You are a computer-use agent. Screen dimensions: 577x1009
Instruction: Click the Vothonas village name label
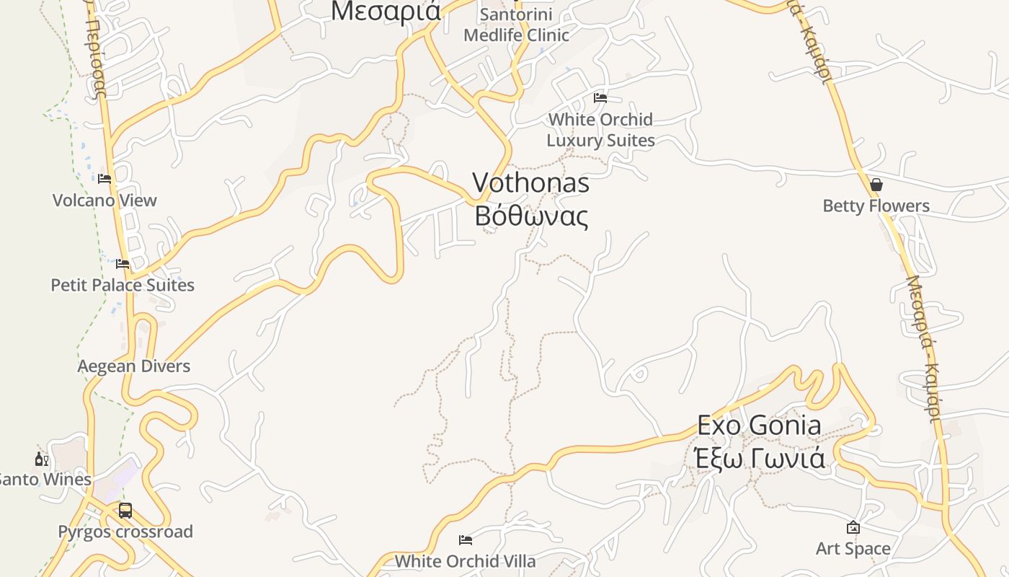[531, 183]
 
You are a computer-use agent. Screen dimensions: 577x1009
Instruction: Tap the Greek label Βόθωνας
[531, 216]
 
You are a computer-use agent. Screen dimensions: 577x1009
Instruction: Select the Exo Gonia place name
[759, 426]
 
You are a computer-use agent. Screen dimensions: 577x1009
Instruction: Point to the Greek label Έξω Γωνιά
[759, 457]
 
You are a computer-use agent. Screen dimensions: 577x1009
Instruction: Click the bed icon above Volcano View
[105, 179]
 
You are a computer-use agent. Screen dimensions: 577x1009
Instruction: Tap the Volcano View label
[105, 201]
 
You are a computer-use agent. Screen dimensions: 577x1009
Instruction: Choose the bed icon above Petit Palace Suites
[123, 264]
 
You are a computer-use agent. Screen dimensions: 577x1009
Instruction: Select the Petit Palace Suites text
[123, 285]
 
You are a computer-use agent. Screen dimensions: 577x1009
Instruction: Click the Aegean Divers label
[134, 366]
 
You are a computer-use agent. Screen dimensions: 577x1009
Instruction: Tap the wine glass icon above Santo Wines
[41, 459]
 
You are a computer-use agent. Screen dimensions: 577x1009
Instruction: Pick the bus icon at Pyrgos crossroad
[125, 511]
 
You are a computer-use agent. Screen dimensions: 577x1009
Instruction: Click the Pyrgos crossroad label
[125, 532]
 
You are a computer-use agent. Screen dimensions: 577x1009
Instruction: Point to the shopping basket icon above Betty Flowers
[876, 185]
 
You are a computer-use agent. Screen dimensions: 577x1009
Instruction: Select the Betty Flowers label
[876, 206]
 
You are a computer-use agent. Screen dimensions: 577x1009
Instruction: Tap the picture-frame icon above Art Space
[853, 528]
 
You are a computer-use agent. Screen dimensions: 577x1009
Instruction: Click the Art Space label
[853, 549]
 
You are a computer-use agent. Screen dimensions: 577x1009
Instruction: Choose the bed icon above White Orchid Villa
[466, 539]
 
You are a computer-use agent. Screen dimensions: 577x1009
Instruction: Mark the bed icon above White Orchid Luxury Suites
[600, 98]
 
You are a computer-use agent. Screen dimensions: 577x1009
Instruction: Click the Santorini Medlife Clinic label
[516, 25]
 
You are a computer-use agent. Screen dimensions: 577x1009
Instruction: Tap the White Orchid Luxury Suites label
[600, 130]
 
